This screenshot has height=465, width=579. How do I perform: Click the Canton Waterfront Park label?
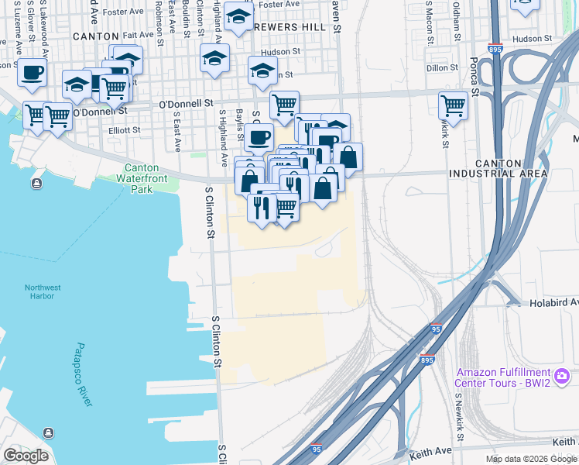(141, 177)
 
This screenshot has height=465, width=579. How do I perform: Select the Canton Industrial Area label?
(498, 168)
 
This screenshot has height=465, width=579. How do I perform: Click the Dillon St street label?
(444, 68)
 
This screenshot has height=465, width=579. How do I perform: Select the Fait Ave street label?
(138, 35)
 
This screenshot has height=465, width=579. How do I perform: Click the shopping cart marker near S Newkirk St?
(453, 105)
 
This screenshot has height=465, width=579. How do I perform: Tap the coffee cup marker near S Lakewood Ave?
(32, 73)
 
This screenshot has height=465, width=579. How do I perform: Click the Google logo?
(26, 455)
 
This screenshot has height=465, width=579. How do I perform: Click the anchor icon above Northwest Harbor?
(36, 184)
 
